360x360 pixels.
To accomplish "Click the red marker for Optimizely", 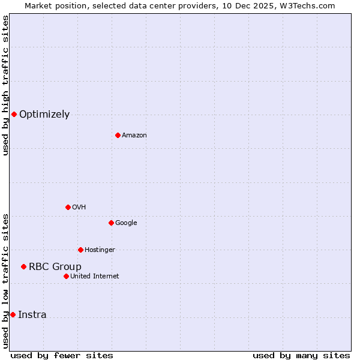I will (x=14, y=114).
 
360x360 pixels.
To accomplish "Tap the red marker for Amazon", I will (x=118, y=135).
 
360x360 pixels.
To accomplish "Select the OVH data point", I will (x=68, y=207).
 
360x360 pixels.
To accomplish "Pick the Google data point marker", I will (x=111, y=223).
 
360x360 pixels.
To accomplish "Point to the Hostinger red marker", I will (x=80, y=250).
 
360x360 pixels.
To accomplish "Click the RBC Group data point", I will (x=23, y=266).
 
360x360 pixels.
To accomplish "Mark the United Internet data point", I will (x=66, y=276).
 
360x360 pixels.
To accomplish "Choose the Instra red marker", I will (x=13, y=314).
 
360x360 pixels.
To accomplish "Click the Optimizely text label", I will (x=44, y=115).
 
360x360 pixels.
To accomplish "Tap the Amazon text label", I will (x=134, y=136).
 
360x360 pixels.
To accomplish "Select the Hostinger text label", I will (x=100, y=250).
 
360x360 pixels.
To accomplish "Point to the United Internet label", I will (x=95, y=277).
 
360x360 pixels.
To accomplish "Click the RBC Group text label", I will (x=55, y=267).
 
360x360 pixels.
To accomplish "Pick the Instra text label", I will (x=32, y=315).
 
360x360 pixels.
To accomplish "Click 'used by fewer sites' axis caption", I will (x=62, y=355).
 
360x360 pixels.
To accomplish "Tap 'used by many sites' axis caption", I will (x=301, y=355).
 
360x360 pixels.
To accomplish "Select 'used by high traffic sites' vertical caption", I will (x=5, y=85).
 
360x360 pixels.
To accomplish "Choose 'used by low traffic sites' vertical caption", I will (x=5, y=281).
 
